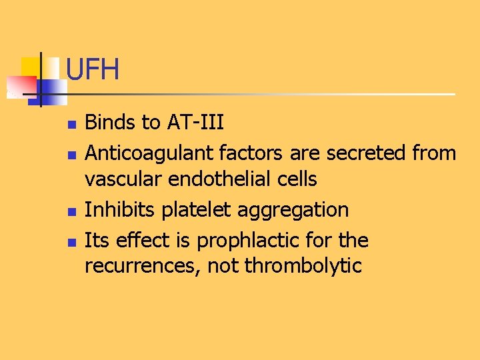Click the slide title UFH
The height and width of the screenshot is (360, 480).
click(93, 69)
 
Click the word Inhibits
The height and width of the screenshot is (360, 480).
click(113, 209)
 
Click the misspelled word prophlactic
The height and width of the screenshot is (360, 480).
click(246, 241)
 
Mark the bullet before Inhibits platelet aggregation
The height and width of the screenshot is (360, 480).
click(72, 211)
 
